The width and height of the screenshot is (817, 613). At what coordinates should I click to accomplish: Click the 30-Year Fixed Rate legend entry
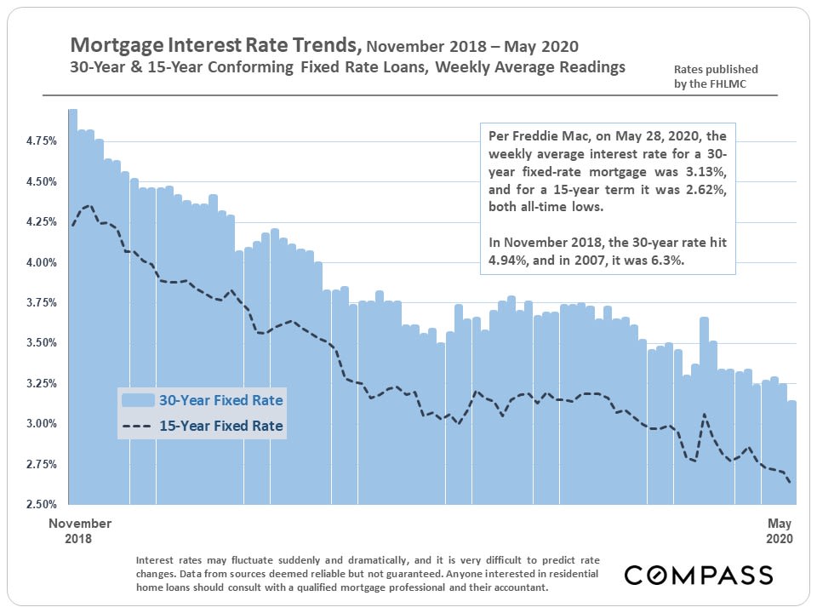220,399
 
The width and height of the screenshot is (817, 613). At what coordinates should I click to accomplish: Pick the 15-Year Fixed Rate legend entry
220,425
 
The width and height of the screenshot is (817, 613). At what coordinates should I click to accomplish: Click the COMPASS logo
699,575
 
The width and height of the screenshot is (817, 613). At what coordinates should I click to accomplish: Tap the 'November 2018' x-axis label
80,530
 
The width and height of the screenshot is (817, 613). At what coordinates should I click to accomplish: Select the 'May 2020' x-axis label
780,530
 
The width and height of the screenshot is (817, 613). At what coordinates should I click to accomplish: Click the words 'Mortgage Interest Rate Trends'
215,44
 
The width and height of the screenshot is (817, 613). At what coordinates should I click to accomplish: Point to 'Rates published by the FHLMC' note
715,76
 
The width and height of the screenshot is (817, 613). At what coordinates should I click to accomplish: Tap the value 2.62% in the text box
703,188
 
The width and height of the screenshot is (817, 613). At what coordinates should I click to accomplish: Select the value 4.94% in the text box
507,261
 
